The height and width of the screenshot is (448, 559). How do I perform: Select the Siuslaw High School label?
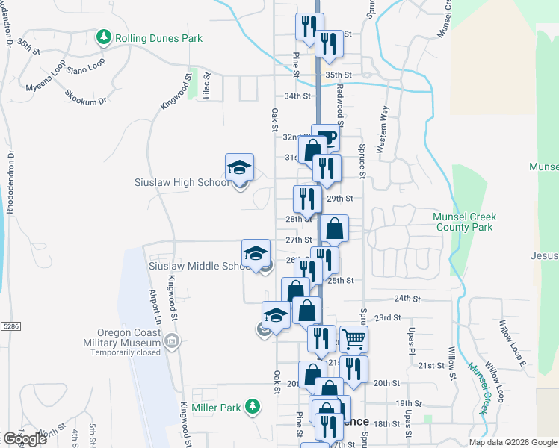182,182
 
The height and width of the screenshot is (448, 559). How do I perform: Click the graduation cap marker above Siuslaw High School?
240,167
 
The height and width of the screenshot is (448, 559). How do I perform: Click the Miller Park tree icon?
253,407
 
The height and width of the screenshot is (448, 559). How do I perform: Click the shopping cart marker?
353,340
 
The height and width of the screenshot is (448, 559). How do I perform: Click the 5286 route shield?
11,326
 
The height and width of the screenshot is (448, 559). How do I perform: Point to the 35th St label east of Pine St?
338,75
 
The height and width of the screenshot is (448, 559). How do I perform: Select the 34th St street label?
297,96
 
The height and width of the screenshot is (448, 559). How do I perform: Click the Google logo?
25,439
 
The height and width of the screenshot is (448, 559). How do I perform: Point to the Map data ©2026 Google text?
513,442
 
